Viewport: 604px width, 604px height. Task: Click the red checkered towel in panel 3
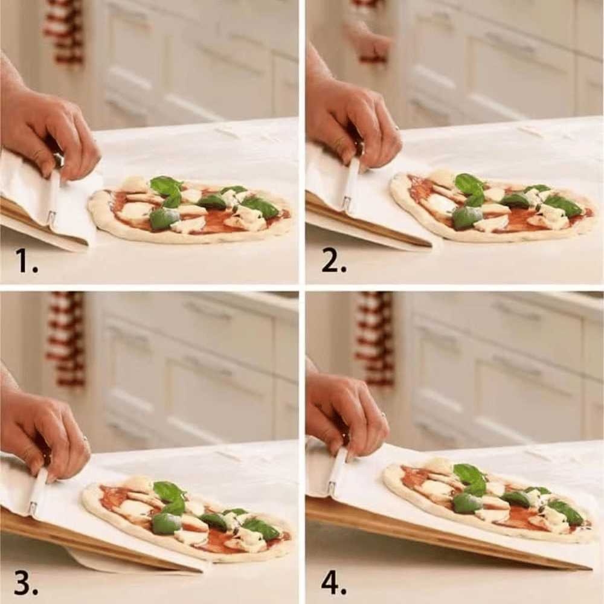66,338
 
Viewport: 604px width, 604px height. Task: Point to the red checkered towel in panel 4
374,338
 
